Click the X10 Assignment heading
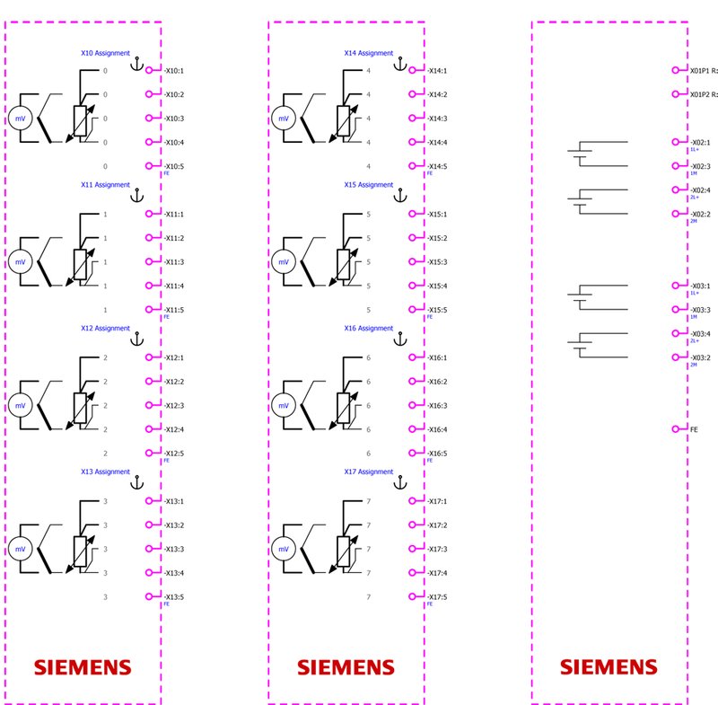[x=105, y=53]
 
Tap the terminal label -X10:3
[x=174, y=119]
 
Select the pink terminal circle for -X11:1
[x=150, y=214]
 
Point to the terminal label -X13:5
[x=174, y=596]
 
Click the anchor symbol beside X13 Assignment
[x=137, y=481]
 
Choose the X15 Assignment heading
[x=369, y=185]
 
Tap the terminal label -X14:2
[x=437, y=94]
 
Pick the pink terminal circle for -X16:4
[x=413, y=429]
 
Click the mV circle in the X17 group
[x=283, y=549]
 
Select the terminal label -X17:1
[x=437, y=501]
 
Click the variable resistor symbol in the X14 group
[x=343, y=119]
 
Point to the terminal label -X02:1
[x=700, y=142]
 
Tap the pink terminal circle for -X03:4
[x=676, y=333]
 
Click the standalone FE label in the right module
[x=694, y=429]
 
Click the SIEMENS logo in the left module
[x=83, y=667]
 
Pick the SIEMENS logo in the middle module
[x=346, y=667]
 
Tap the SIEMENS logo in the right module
[x=609, y=667]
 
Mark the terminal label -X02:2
[x=700, y=214]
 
